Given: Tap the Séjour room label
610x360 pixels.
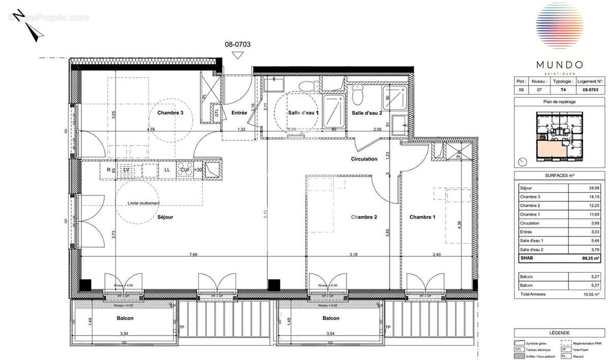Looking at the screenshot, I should pyautogui.click(x=165, y=217).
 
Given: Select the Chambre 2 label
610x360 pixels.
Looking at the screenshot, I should pyautogui.click(x=364, y=217).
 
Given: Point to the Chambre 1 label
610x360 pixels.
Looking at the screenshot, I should pyautogui.click(x=423, y=217).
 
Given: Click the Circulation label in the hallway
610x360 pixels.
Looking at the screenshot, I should pyautogui.click(x=364, y=159).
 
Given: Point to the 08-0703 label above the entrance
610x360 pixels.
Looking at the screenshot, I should pyautogui.click(x=237, y=44).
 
